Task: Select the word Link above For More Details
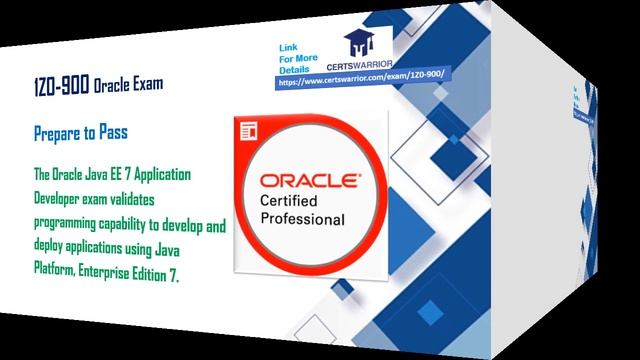[x=288, y=48]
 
